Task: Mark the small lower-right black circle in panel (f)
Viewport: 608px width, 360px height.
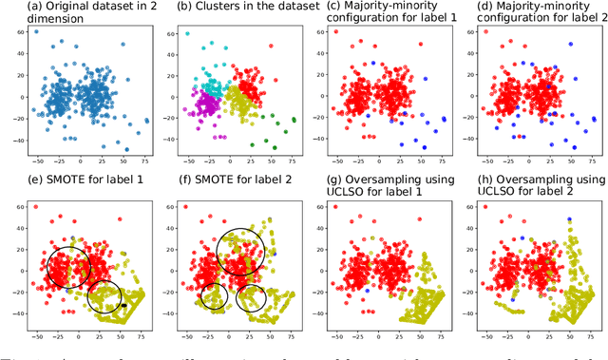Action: pos(252,299)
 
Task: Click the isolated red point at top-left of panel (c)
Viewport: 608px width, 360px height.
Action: pos(336,32)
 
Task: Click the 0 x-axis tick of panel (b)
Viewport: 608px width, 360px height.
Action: pos(230,161)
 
